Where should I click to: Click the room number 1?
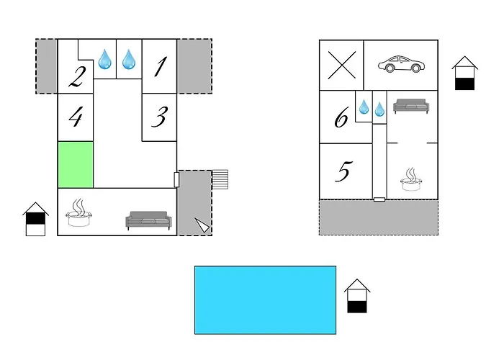click(161, 66)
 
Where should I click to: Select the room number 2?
click(78, 77)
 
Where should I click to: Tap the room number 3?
click(160, 117)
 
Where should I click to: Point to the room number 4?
click(76, 116)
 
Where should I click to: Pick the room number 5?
click(343, 171)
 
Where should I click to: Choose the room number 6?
click(341, 117)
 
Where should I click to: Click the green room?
click(76, 165)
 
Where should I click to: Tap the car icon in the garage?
click(401, 64)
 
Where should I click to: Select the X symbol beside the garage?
click(342, 65)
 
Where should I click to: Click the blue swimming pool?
click(265, 300)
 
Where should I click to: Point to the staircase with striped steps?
click(220, 179)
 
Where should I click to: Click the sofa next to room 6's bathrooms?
click(411, 106)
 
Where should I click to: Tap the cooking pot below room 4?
click(79, 213)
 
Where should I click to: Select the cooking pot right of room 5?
click(411, 179)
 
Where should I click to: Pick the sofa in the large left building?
click(148, 220)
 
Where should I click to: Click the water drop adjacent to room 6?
click(364, 107)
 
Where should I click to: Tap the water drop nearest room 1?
click(129, 59)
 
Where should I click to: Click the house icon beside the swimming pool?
click(357, 296)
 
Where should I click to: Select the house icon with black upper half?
click(36, 219)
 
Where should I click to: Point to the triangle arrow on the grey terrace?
click(202, 225)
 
